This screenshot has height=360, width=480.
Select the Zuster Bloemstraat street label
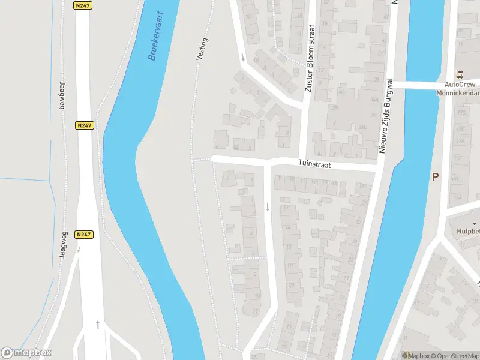[x=310, y=59]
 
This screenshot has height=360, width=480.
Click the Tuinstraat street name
[x=316, y=164]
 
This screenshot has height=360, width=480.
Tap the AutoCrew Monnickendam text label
[x=460, y=89]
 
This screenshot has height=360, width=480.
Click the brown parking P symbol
[x=436, y=176]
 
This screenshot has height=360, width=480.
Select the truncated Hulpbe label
[x=466, y=231]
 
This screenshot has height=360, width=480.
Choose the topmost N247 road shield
[x=83, y=5]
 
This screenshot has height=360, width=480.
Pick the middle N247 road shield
[x=84, y=125]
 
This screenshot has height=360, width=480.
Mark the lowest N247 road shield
[x=84, y=235]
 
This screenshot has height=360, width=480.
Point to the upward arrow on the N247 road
[x=98, y=325]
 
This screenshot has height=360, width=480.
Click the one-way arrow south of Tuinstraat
[x=268, y=207]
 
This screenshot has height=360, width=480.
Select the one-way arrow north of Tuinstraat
[x=242, y=58]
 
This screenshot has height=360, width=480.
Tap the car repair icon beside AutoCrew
[x=460, y=74]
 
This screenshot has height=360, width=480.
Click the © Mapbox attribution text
[x=416, y=356]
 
